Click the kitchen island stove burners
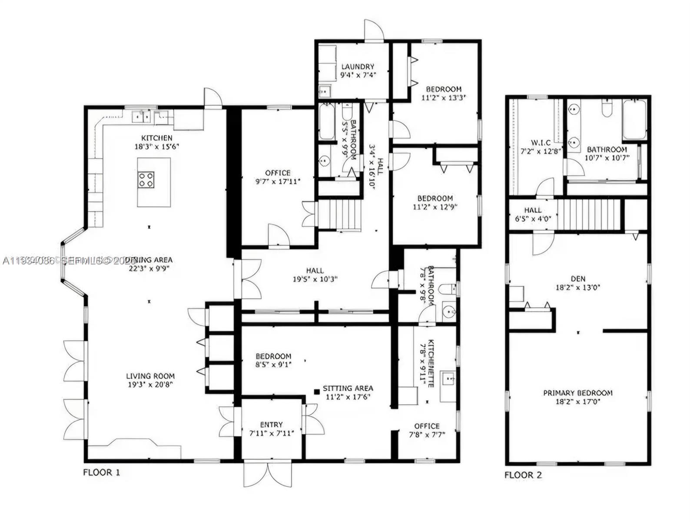coord(146,180)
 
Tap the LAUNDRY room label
coord(358,67)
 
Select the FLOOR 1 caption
coord(101,472)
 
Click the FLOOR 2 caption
coord(523,475)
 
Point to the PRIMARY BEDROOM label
coord(578,393)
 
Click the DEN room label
coord(578,279)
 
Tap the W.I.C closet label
coord(541,143)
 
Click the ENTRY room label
coord(272,425)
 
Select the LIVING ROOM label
coord(150,376)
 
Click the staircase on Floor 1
coord(340,214)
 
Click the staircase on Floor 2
coord(589,214)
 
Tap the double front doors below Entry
coord(269,474)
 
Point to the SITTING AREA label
coord(348,388)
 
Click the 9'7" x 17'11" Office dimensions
coord(278,181)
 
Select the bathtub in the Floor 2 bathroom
coord(634,120)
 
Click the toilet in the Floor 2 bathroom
coord(607,108)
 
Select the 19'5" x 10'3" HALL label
coord(315,271)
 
